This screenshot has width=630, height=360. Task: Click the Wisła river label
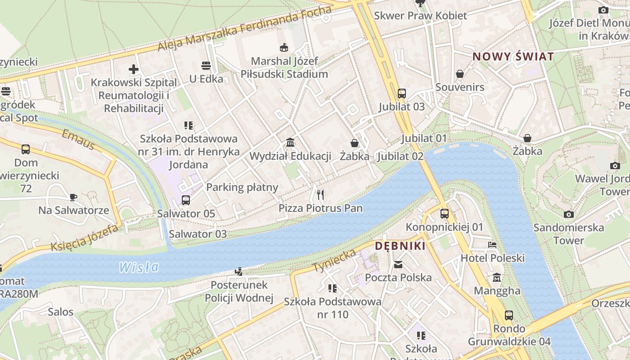139,267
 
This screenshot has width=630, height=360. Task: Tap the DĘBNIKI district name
400,246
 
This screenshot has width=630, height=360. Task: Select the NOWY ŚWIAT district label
513,57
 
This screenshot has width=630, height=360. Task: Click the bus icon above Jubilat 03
402,94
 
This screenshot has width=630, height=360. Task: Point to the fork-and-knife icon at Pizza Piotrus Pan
320,194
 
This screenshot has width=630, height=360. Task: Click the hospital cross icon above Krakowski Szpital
134,69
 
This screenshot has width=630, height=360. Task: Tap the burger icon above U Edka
206,66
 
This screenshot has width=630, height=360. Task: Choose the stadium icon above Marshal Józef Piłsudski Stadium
284,47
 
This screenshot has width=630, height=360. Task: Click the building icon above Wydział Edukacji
290,143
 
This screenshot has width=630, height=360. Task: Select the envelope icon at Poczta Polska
398,264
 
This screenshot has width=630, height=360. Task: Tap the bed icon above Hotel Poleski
492,245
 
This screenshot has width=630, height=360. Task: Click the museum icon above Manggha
497,277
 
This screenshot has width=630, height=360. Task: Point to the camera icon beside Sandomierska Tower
569,214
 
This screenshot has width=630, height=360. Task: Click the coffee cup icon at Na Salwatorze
73,197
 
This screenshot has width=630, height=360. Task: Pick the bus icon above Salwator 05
186,200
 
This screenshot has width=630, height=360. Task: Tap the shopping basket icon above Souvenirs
460,73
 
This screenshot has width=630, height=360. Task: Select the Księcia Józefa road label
84,238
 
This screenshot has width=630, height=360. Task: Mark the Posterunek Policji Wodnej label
239,291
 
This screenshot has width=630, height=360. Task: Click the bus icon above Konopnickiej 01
445,214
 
